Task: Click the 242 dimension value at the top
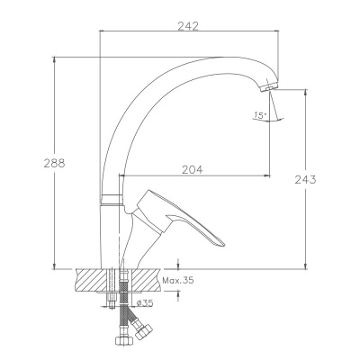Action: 188,26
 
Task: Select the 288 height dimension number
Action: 54,164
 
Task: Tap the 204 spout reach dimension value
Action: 193,170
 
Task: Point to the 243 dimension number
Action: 305,180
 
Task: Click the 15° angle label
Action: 260,115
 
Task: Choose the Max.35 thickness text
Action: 178,281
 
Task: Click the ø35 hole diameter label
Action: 145,303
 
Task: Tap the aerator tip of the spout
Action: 269,86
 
